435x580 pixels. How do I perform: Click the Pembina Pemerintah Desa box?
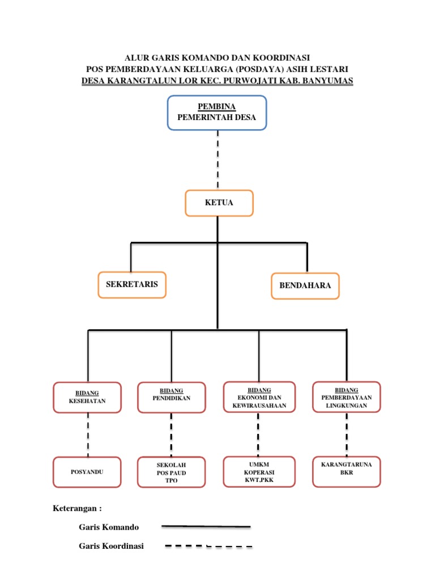pos(217,113)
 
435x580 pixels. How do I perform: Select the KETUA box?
pos(219,203)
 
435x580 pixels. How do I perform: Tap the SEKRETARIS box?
pos(132,284)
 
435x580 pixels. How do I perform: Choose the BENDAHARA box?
pos(305,285)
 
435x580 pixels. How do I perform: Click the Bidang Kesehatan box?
pos(87,398)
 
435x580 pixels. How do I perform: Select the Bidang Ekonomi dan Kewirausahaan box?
pos(259,398)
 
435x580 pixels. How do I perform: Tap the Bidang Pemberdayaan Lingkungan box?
pos(346,398)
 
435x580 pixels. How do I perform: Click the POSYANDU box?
pos(87,472)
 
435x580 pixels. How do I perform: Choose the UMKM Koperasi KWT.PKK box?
pos(259,472)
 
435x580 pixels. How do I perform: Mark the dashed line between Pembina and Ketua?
pos(217,160)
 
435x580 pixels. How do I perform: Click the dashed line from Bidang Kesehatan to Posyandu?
pos(88,434)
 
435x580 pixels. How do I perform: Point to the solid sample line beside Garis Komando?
pos(206,526)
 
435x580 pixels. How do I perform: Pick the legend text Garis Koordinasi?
pos(111,546)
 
